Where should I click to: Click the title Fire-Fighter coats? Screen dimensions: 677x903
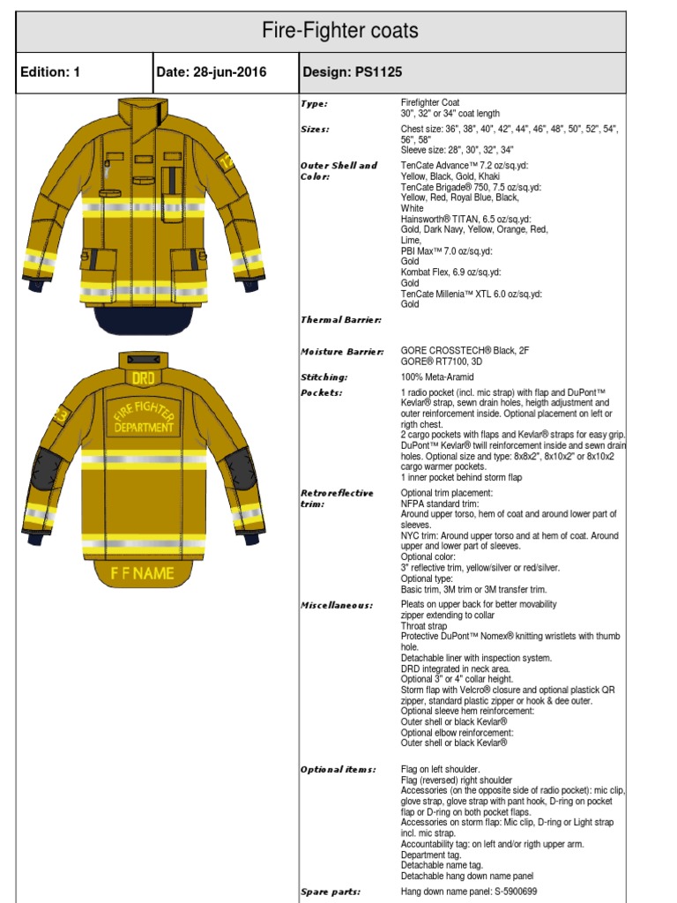pos(339,33)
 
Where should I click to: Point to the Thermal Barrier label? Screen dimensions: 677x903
pos(340,320)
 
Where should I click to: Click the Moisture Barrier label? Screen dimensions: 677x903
pos(342,352)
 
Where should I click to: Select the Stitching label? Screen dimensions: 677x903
pos(324,377)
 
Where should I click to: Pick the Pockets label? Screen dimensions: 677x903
pos(321,392)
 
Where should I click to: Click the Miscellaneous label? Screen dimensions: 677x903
pos(337,606)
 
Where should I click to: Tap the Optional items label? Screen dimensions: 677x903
pos(338,770)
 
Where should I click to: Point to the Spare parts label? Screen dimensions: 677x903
pos(331,892)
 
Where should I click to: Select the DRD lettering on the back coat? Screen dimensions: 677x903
pos(143,377)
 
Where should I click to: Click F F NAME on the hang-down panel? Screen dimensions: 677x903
pos(142,573)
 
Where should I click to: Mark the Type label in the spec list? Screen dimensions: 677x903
pos(315,103)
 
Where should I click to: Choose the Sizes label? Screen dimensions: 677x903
pos(316,130)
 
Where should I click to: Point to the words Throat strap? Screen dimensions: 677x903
pos(429,626)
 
